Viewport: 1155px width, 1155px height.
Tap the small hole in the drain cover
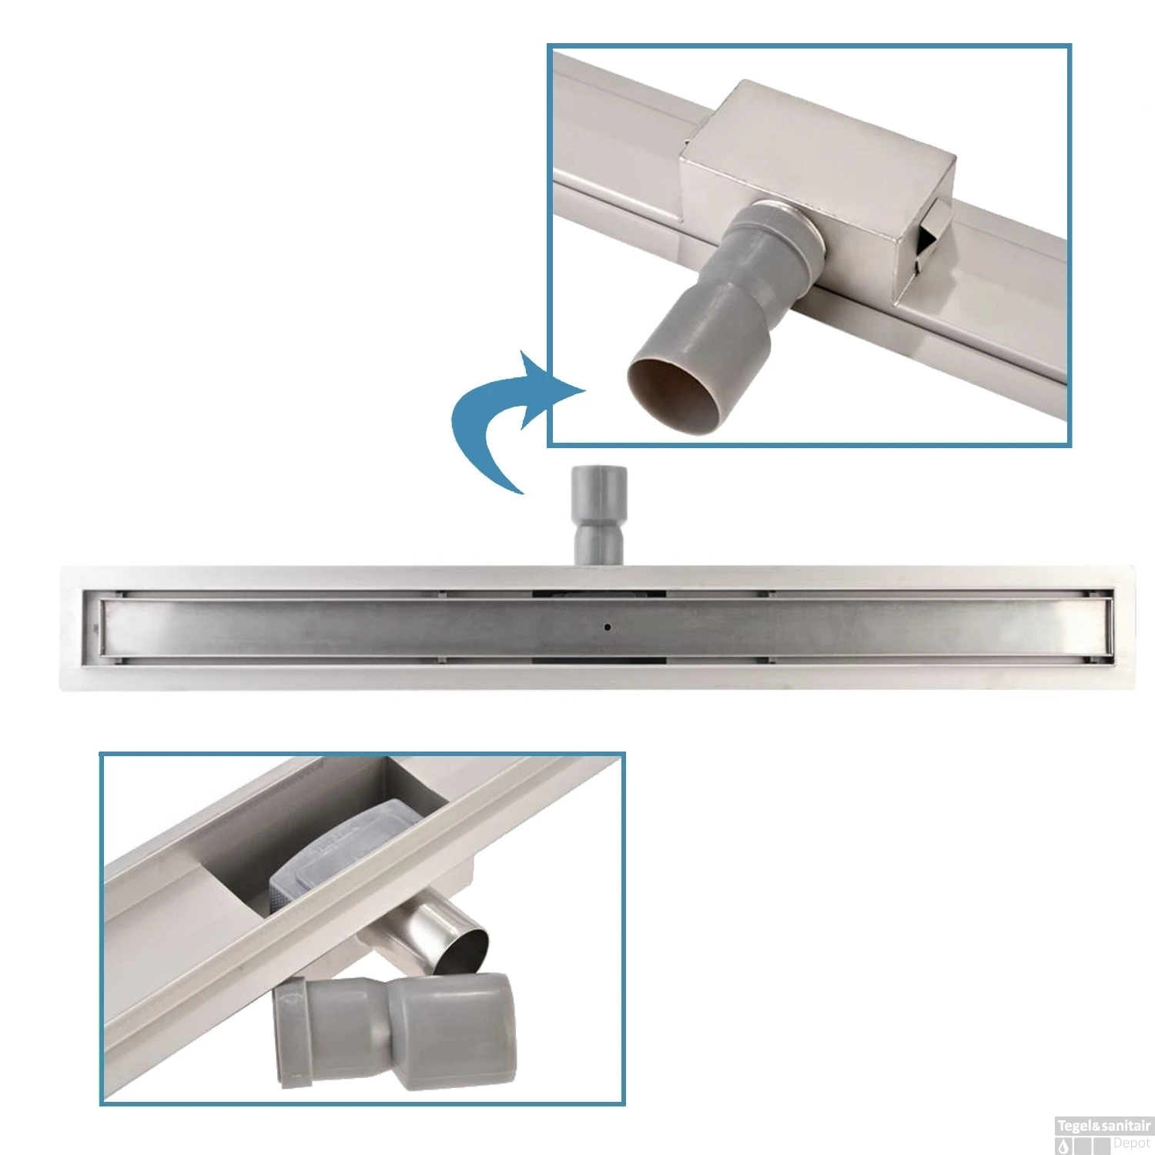(x=608, y=628)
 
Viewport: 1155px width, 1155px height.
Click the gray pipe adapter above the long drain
(x=597, y=514)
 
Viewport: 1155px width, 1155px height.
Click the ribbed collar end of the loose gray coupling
(x=294, y=1032)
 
